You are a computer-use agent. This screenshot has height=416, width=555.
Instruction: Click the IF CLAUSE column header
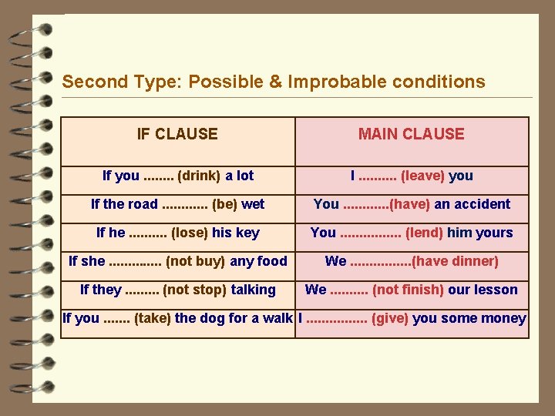(177, 134)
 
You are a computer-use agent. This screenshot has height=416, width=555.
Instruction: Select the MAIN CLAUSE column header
(411, 134)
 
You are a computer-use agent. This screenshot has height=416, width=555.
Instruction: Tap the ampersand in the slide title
(275, 82)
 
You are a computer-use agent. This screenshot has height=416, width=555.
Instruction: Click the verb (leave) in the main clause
(422, 176)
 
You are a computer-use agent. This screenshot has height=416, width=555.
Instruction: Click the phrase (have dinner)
(456, 261)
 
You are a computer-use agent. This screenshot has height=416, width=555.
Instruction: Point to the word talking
(253, 290)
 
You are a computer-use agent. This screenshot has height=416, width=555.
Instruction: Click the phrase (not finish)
(407, 290)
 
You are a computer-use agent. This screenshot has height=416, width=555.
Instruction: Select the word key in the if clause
(247, 233)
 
